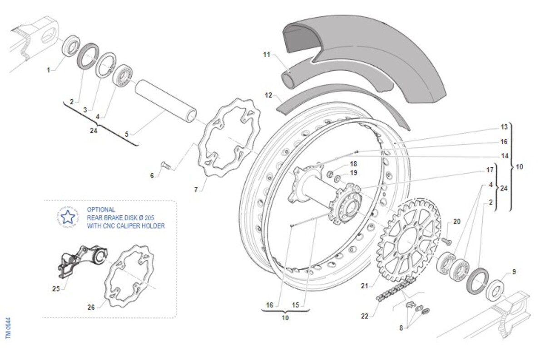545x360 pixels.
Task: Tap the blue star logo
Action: click(68, 217)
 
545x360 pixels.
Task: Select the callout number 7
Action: click(196, 190)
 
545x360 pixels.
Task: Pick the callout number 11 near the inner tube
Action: click(267, 55)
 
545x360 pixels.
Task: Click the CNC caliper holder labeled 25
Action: click(82, 259)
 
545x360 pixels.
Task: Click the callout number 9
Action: click(514, 272)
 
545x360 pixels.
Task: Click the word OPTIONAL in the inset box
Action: click(101, 210)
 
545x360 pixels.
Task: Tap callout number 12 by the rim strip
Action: click(268, 95)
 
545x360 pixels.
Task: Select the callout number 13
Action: click(504, 127)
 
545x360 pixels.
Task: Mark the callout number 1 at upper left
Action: click(48, 70)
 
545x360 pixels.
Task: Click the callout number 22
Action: click(365, 316)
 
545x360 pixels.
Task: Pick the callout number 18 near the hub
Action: click(353, 164)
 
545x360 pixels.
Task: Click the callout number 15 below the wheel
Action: click(296, 305)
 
